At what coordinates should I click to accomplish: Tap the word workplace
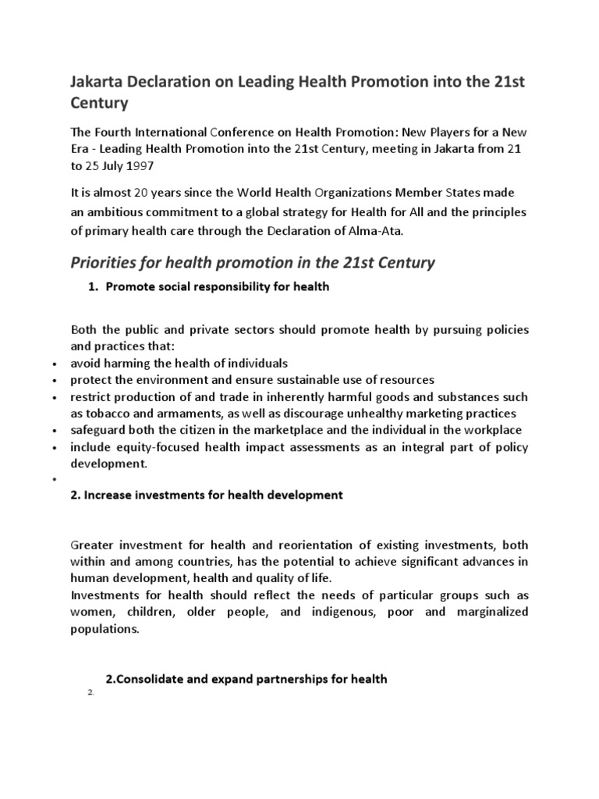tap(491, 430)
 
